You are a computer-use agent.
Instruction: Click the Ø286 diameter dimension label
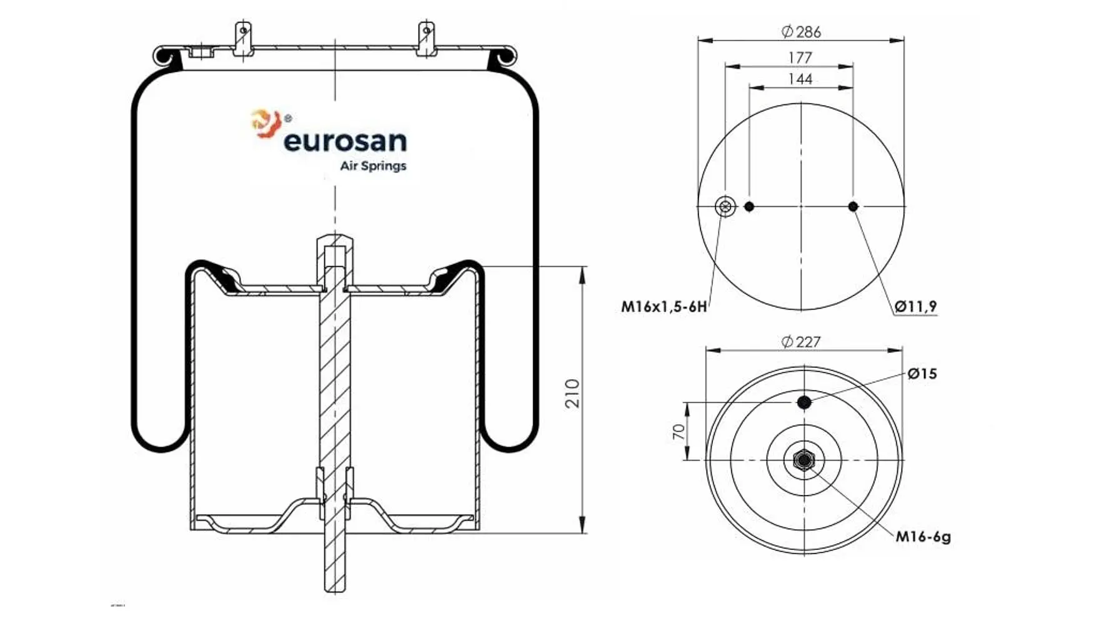click(x=801, y=31)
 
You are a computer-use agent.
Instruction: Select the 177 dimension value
click(x=800, y=57)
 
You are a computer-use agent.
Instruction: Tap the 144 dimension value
click(x=800, y=79)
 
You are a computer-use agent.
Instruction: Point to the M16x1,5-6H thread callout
click(x=664, y=307)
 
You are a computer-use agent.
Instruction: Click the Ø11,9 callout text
click(x=915, y=306)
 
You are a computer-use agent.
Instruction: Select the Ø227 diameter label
click(x=801, y=342)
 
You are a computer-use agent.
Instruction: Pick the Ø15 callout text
click(x=922, y=374)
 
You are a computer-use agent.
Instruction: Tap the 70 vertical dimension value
click(x=679, y=431)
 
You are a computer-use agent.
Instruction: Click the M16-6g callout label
click(x=923, y=536)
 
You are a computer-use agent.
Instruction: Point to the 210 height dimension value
click(x=572, y=393)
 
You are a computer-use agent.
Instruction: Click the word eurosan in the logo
click(x=345, y=141)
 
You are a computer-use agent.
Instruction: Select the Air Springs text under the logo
click(x=373, y=166)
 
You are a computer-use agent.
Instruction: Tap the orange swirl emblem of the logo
click(x=265, y=122)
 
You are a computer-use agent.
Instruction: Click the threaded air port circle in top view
click(x=725, y=206)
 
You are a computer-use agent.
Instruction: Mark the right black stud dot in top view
click(x=853, y=206)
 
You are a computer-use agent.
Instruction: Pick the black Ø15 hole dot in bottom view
click(x=804, y=402)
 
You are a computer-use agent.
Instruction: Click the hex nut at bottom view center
click(x=803, y=461)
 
